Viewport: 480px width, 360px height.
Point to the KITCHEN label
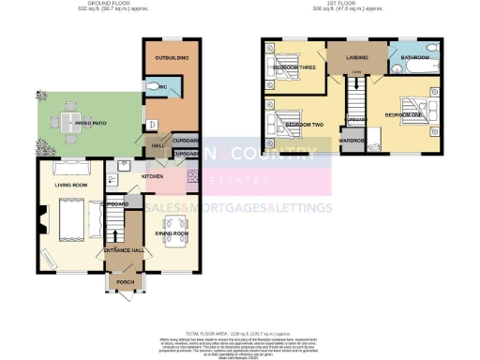tap(153, 175)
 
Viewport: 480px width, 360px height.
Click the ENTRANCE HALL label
tap(122, 250)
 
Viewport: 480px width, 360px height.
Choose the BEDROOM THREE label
tap(292, 68)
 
